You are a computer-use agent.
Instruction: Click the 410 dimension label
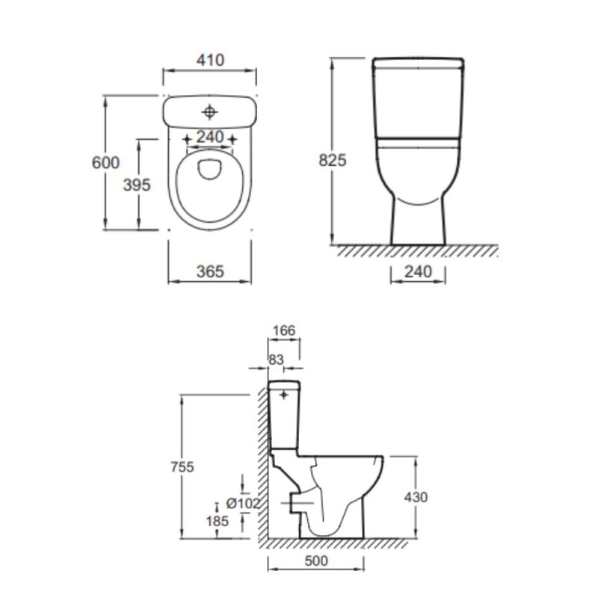[210, 61]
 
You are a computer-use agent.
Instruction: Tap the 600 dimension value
[105, 163]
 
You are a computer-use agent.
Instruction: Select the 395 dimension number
[137, 185]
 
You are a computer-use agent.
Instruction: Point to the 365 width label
[210, 271]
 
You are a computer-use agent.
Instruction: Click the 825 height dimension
[333, 160]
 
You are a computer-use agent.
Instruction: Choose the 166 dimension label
[284, 330]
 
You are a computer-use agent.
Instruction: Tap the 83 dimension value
[276, 360]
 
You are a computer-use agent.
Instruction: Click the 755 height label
[182, 466]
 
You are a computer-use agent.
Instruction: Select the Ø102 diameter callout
[243, 503]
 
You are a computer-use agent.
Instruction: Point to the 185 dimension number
[218, 521]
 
